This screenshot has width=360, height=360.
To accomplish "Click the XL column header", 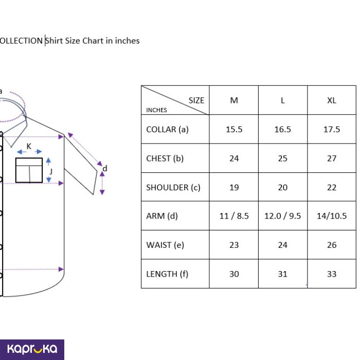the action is pos(332,100).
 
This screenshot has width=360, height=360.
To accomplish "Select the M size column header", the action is pos(234,100).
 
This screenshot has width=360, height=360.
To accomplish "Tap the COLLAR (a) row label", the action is pos(167,129).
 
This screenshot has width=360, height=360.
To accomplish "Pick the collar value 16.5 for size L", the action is pos(283,129).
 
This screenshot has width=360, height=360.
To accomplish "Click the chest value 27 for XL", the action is pos(332,158).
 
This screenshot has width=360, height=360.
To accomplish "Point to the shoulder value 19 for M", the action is pos(234,187).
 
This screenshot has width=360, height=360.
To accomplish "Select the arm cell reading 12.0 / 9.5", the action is pos(283,216).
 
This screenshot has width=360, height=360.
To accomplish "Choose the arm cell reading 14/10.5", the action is pos(332,216).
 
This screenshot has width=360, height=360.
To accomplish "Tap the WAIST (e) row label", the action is pos(165,245).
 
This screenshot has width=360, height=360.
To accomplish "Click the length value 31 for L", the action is pos(283,274).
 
